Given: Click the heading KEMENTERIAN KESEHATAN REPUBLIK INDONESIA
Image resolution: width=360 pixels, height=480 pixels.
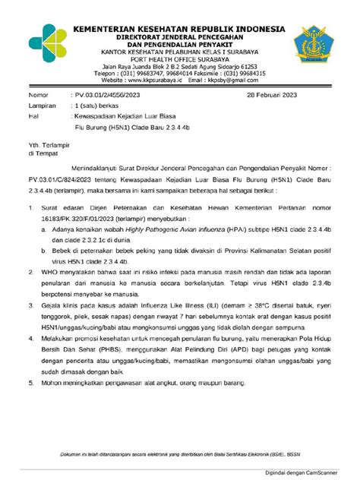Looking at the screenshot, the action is tap(181, 29).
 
